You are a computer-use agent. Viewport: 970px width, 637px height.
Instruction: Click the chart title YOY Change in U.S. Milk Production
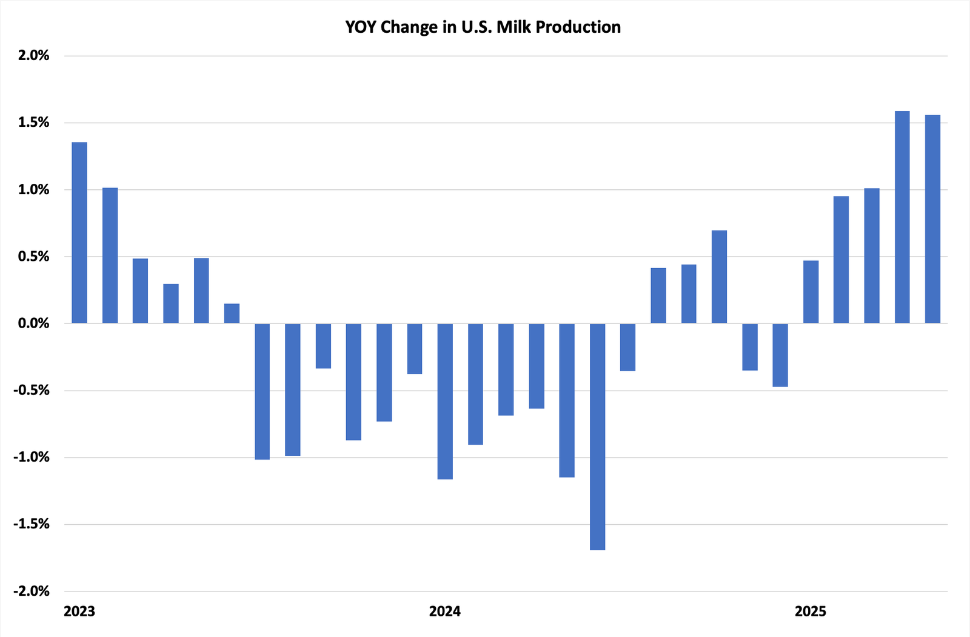pos(483,27)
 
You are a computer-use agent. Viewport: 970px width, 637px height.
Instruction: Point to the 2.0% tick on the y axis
pos(33,56)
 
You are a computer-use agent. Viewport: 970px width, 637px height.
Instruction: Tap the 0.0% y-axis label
pos(33,323)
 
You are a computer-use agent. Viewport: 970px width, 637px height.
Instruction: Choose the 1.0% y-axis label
pos(33,190)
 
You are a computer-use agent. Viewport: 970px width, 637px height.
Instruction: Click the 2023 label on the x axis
pos(79,611)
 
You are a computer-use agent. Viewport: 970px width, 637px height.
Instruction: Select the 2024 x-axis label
pos(445,611)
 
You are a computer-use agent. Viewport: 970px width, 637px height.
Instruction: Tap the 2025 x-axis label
pos(811,611)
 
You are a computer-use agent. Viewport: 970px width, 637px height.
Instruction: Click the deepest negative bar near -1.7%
pos(597,437)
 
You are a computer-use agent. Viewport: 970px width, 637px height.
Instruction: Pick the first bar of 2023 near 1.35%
pos(79,233)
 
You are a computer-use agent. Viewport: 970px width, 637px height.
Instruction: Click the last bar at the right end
pos(932,219)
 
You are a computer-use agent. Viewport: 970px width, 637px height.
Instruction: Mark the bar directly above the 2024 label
pos(445,401)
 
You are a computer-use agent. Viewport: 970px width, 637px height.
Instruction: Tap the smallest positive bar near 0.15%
pos(232,314)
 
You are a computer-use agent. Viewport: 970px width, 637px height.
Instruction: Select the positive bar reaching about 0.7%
pos(719,277)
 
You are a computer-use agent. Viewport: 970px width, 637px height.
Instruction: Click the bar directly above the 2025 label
pos(811,292)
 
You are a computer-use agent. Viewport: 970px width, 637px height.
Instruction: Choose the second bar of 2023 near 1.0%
pos(110,255)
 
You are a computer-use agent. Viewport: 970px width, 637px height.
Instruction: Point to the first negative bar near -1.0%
pos(262,391)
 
